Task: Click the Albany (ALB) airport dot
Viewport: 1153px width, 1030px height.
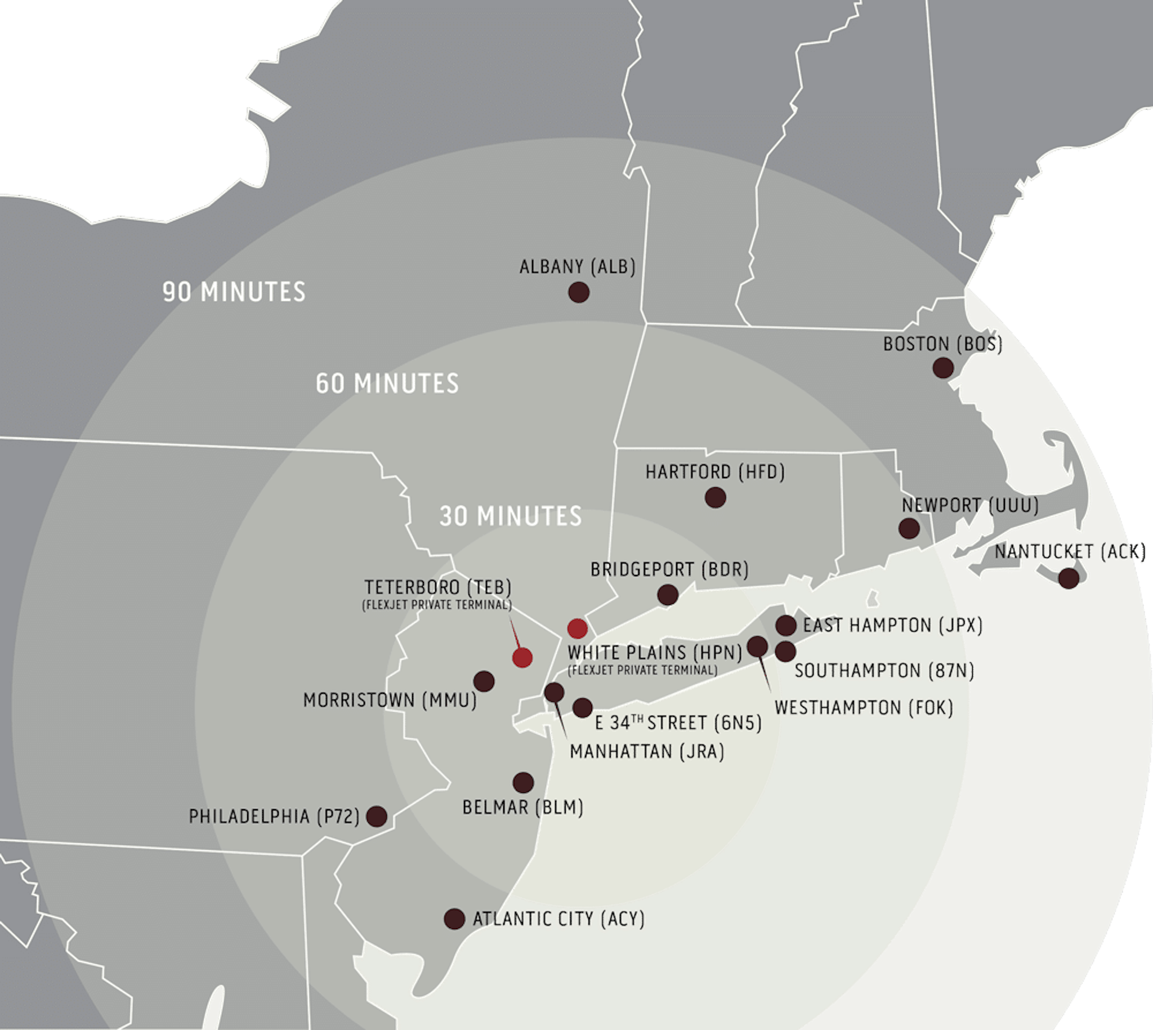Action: click(x=579, y=293)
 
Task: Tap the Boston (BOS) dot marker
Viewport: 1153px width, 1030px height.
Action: click(x=942, y=368)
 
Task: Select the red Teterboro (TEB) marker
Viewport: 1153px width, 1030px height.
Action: click(x=522, y=658)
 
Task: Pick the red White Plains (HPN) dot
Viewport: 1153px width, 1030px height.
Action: click(x=577, y=628)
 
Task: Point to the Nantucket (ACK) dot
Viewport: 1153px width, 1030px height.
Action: click(x=1069, y=578)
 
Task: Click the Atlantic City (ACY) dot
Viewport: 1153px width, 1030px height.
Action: click(x=454, y=919)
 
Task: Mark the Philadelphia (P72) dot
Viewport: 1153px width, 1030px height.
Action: click(x=377, y=816)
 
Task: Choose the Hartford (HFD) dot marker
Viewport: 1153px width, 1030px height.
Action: click(x=716, y=497)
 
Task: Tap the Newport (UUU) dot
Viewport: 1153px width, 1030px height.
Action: click(x=909, y=529)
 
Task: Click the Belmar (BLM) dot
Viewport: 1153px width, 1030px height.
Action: click(x=524, y=783)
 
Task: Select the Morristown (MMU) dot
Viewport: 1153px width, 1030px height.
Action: click(x=484, y=681)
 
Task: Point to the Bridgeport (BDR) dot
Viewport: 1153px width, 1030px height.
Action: click(x=668, y=595)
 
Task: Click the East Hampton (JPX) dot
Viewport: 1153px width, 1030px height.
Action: click(x=786, y=625)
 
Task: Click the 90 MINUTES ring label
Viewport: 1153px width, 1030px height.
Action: click(x=234, y=292)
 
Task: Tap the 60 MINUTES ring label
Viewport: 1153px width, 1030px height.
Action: click(x=387, y=384)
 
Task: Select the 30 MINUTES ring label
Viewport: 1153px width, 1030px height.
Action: click(x=510, y=516)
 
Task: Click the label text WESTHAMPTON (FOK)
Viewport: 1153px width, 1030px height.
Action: click(x=863, y=708)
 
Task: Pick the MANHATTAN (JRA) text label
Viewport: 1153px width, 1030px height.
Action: click(x=647, y=752)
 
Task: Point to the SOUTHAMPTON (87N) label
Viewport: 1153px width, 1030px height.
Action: click(x=884, y=671)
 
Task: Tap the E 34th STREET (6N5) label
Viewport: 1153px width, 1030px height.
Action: click(x=678, y=723)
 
